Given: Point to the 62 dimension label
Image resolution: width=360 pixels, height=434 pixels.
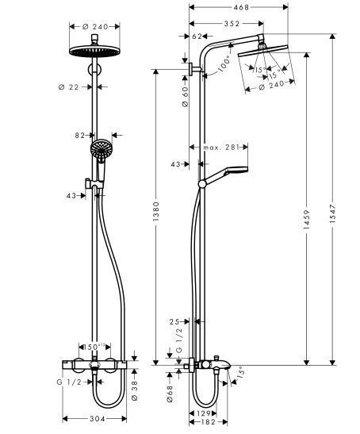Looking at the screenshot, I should point(198,36).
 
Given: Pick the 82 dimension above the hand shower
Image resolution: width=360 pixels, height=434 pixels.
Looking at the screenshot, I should point(80,136).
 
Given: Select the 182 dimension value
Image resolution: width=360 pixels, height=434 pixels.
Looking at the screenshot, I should point(205,422).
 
